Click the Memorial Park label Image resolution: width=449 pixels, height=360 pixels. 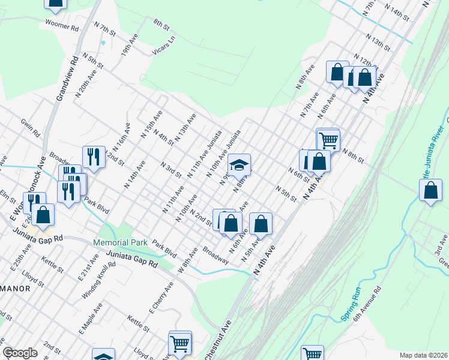coord(120,242)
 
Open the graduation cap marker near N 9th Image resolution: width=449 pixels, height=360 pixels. coord(239,164)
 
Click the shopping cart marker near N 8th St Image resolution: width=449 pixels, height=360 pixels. coord(328,140)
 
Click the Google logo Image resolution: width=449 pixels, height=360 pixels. coord(20,353)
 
